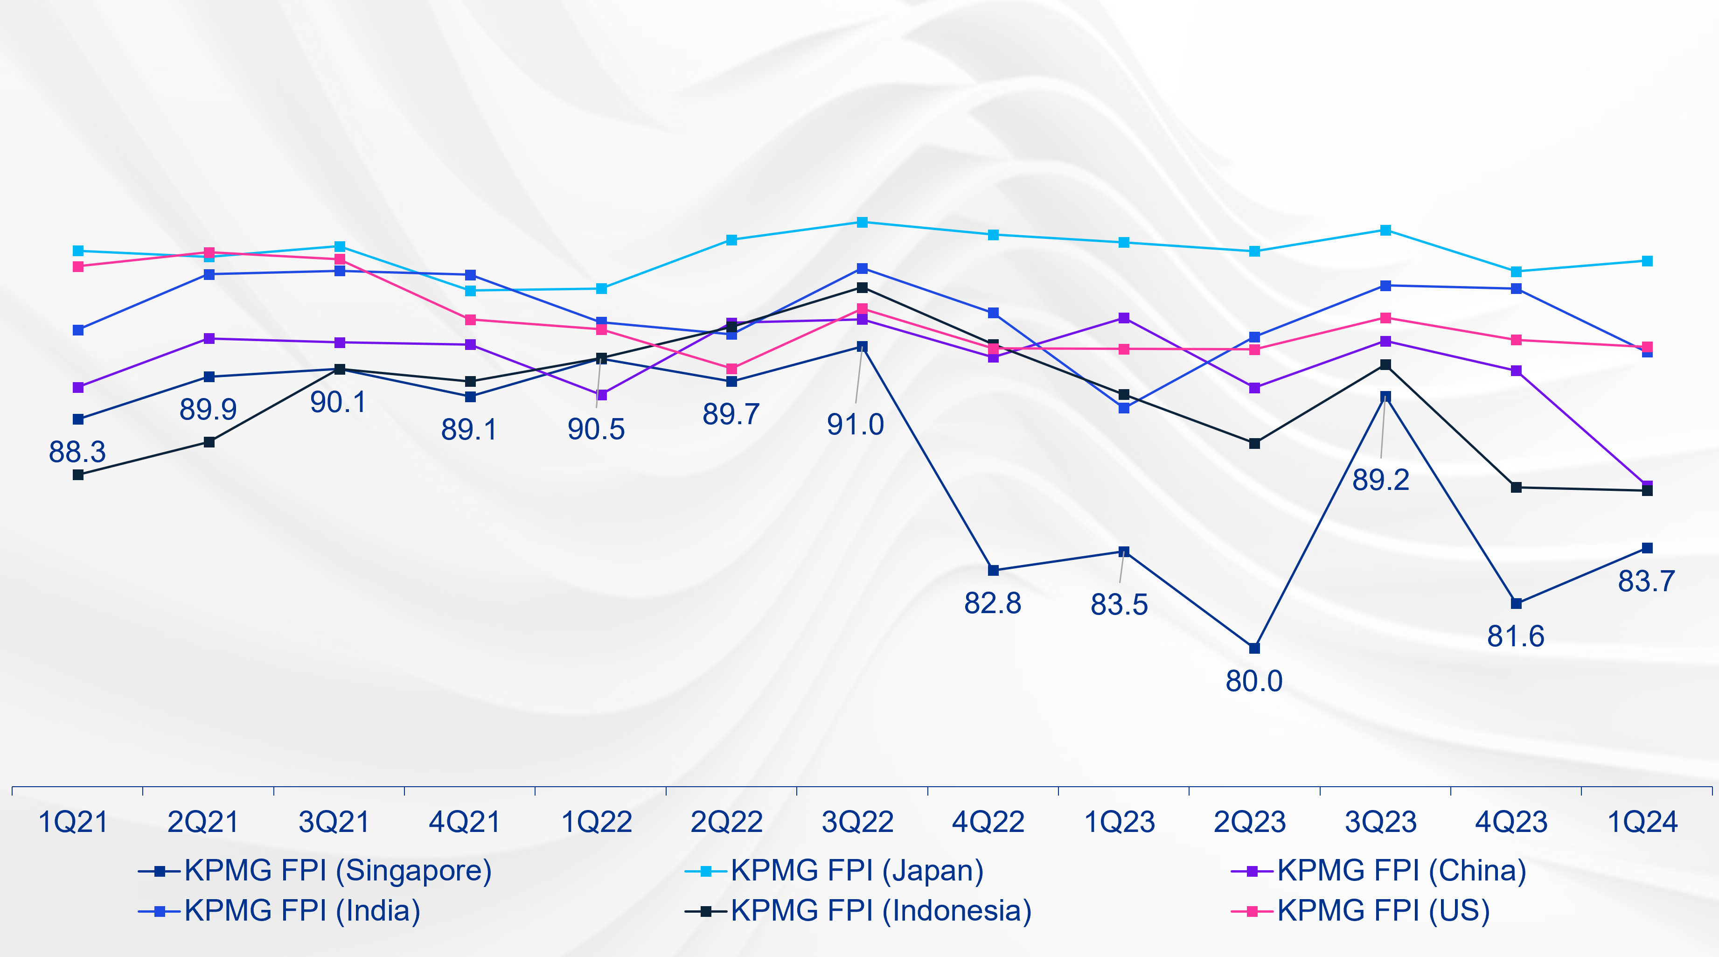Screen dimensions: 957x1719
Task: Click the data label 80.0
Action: [x=1254, y=681]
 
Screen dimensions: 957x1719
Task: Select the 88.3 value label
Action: [x=77, y=453]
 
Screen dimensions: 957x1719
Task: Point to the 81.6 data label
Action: [x=1516, y=636]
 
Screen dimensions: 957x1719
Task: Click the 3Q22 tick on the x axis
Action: [x=857, y=822]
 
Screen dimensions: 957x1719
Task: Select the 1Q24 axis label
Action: [x=1642, y=822]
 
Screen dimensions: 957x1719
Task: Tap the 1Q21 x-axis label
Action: [x=73, y=822]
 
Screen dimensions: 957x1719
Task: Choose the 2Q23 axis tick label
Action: [x=1249, y=822]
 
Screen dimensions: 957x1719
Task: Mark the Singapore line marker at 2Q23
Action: [x=1254, y=648]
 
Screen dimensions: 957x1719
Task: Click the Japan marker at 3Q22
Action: [x=862, y=222]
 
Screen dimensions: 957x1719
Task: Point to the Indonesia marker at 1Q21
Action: [x=78, y=475]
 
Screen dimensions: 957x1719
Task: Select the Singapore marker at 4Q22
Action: [x=993, y=571]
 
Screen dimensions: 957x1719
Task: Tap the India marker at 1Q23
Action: [x=1124, y=408]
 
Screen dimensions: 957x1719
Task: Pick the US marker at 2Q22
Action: [x=731, y=369]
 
